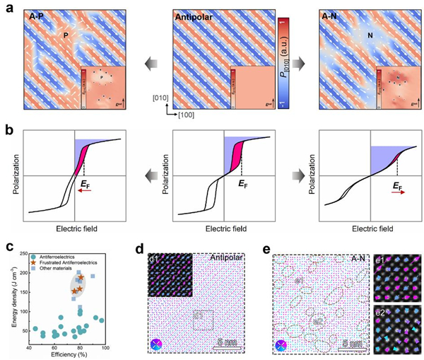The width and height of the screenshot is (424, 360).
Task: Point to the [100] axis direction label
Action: point(183,112)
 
